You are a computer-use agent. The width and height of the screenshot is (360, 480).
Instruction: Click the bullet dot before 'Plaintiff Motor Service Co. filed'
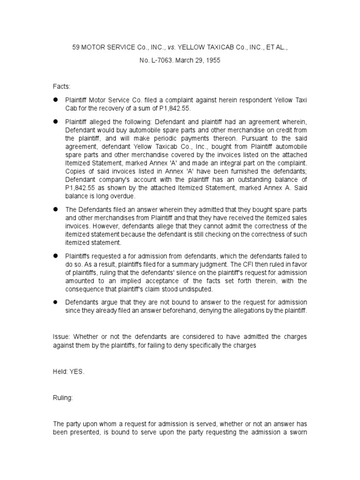click(55, 101)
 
